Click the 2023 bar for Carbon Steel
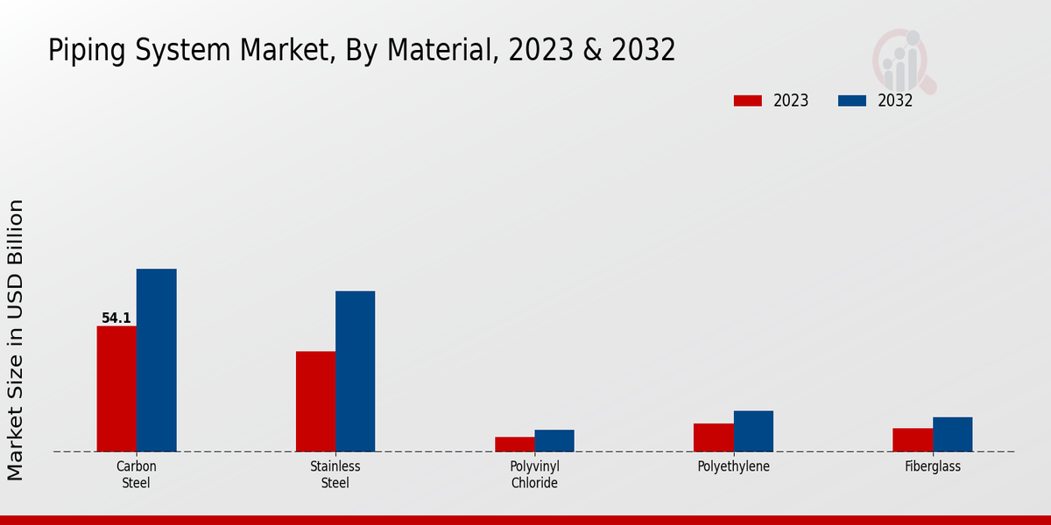(116, 388)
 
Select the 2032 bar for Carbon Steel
(156, 360)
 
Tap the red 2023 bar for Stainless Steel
(315, 402)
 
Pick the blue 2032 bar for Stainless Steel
(355, 371)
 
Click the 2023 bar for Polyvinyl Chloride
(514, 444)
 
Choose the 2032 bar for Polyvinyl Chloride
(554, 441)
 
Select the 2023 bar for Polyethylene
(713, 437)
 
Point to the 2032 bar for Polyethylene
(753, 431)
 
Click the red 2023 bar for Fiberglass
(912, 440)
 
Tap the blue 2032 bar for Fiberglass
(952, 434)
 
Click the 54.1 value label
(116, 318)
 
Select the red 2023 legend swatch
(748, 101)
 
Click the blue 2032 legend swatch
(852, 101)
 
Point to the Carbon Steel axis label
(136, 474)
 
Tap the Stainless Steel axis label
(335, 474)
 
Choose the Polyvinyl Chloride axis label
(534, 474)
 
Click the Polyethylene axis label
(733, 466)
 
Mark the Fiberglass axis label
(933, 466)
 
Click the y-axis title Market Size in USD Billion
(16, 339)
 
